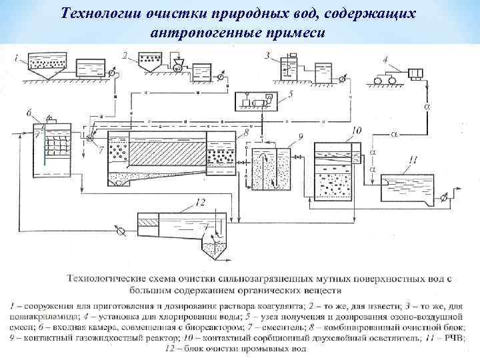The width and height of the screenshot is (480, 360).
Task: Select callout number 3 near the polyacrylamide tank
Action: tap(267, 55)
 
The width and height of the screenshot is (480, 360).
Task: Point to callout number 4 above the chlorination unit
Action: tap(385, 59)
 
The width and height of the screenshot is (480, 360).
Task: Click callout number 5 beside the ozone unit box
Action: tap(291, 95)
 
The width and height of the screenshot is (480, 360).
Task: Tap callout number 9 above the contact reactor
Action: tap(301, 137)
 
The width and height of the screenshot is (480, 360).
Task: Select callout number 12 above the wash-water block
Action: tap(201, 201)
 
